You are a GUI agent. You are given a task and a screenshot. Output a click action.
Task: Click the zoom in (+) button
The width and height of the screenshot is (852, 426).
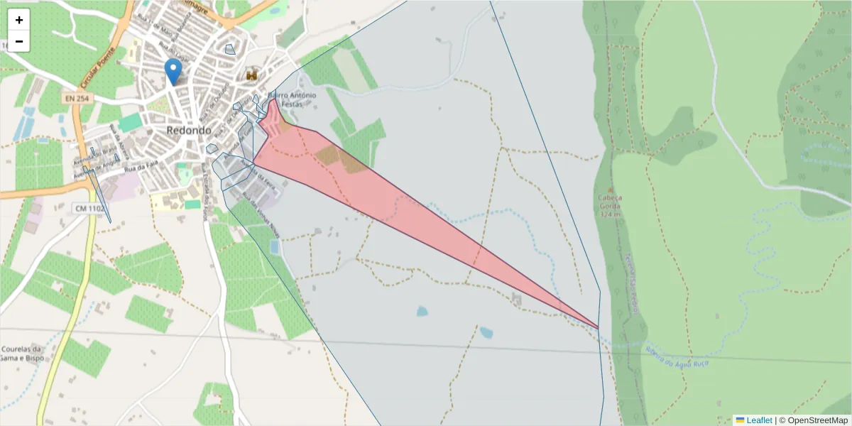(x=18, y=20)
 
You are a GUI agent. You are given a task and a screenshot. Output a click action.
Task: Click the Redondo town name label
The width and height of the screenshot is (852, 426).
(x=189, y=131)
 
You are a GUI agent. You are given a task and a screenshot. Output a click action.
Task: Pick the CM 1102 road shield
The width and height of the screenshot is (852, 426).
(x=89, y=208)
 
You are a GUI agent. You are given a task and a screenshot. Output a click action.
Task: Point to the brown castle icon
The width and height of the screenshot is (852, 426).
(x=252, y=74)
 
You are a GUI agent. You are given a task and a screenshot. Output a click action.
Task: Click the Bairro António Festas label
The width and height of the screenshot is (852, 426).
(x=292, y=99)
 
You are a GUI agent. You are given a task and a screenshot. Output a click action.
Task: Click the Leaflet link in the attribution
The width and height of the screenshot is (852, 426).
(x=759, y=420)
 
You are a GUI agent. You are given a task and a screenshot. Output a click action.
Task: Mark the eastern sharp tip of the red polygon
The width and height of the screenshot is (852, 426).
(x=598, y=328)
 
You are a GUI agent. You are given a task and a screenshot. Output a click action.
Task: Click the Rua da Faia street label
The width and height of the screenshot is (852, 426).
(x=140, y=169)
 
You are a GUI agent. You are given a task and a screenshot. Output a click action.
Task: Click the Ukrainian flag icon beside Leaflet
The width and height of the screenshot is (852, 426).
(x=740, y=420)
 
